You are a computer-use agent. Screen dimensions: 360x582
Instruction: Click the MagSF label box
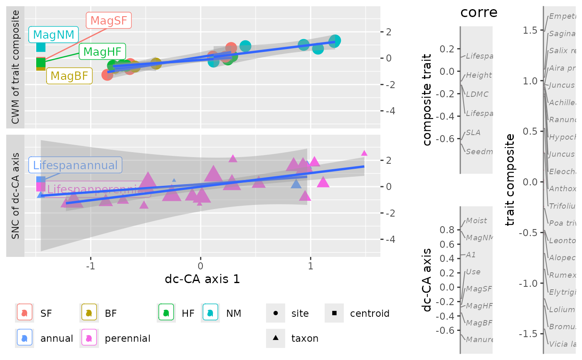coord(109,20)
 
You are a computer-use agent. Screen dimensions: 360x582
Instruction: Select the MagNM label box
coord(53,35)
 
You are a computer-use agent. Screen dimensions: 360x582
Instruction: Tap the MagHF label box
coord(102,52)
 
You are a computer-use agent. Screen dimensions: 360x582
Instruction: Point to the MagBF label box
coord(69,76)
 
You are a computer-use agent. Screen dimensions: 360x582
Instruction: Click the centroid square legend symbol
coord(334,313)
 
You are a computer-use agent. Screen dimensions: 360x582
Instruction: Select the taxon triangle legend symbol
coord(276,338)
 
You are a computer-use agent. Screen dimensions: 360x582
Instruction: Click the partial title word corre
coord(479,12)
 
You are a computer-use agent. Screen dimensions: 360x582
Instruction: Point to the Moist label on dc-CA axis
coord(476,221)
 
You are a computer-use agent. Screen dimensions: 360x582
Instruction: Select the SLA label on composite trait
coord(473,133)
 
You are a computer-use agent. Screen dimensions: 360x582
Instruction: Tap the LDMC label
coord(477,94)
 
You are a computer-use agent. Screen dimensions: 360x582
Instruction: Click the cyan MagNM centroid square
coord(41,47)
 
